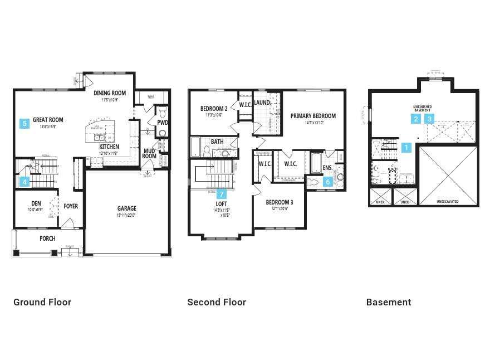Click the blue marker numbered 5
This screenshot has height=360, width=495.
pos(24,124)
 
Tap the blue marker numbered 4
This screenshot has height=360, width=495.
pos(24,181)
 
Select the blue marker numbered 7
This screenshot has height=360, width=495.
pos(222,194)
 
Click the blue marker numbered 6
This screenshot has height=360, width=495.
pos(328,181)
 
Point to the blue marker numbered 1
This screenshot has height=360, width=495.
pos(406,148)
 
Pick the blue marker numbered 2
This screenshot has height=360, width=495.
pos(416,119)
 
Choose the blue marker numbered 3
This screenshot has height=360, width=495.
pos(429,119)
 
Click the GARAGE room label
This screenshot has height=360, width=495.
pos(126,208)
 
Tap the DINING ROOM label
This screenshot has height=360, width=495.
pos(109,93)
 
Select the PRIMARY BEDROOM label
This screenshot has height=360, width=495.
pos(313,116)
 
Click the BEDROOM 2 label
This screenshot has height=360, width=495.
pos(214,109)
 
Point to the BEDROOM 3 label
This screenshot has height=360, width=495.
pos(279,202)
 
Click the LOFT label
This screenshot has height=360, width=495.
pos(222,205)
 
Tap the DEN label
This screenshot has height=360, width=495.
pos(36,203)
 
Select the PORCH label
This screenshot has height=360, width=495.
pos(47,239)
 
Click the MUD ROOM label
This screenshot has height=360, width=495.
pos(149,153)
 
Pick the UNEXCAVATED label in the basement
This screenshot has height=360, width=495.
pos(448,202)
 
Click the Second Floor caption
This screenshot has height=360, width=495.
pos(217,302)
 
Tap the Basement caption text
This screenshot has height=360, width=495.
pos(389,302)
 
